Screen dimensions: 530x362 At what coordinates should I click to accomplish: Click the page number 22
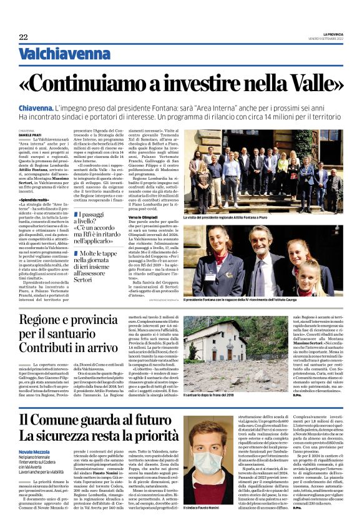23,37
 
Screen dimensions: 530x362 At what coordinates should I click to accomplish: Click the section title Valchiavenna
56,54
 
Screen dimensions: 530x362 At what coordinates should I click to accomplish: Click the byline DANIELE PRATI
31,135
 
